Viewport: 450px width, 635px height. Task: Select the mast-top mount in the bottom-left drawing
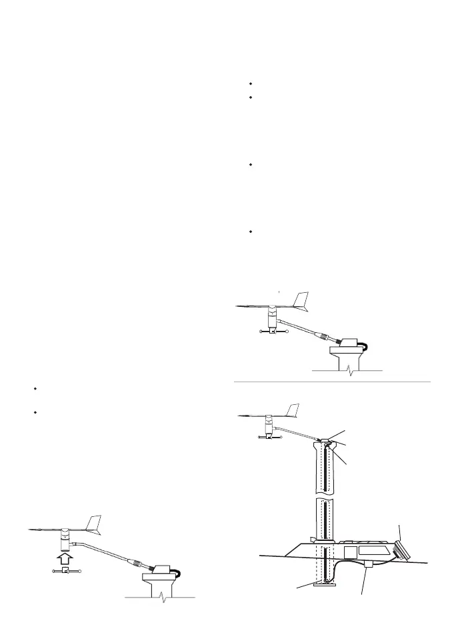click(161, 574)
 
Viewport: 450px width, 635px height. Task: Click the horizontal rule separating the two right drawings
click(332, 382)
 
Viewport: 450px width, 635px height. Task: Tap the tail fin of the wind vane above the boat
click(293, 408)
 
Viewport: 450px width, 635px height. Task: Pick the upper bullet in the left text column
click(33, 388)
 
